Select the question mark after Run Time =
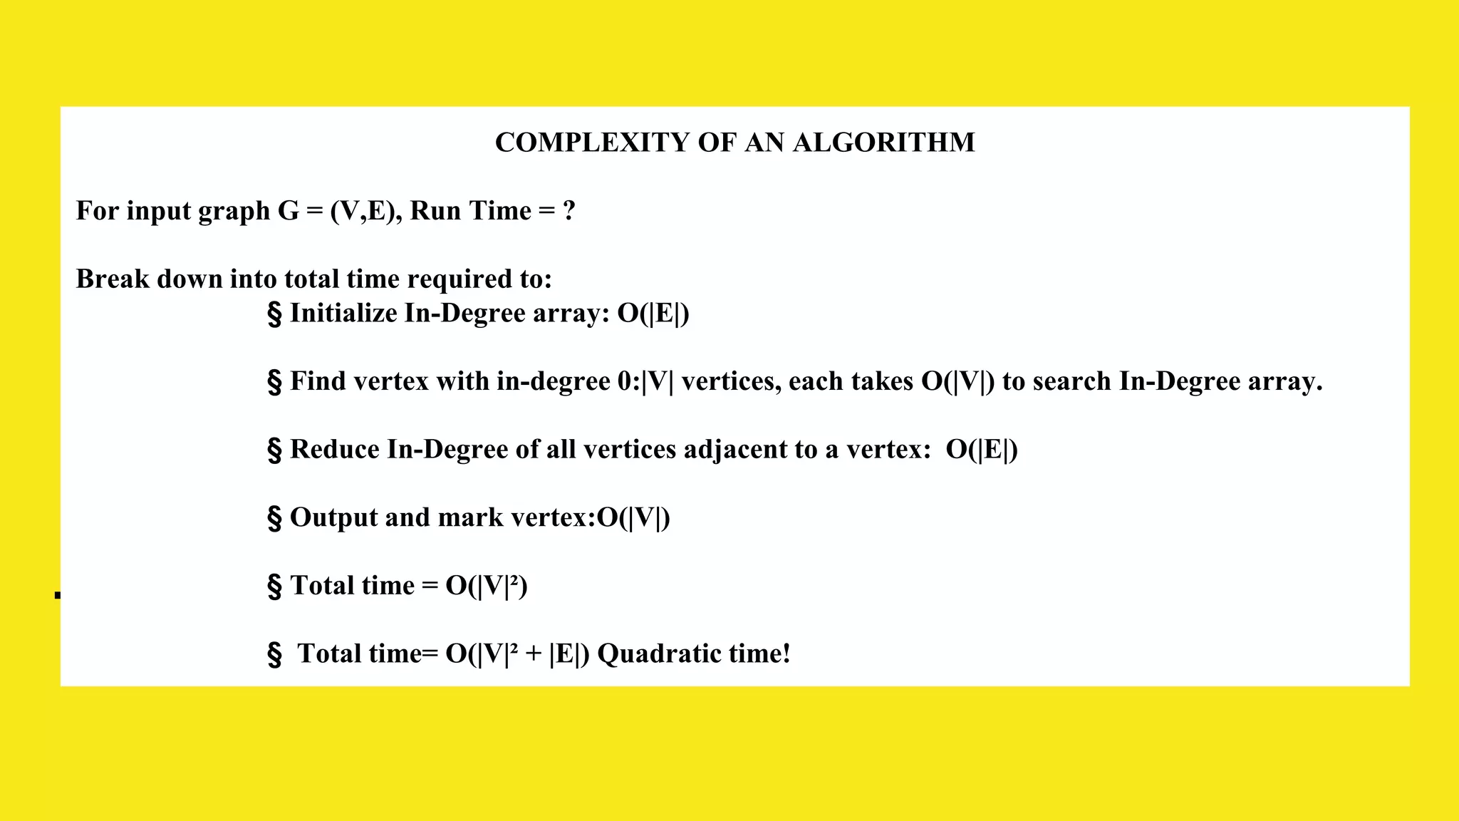(568, 211)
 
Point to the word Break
(113, 279)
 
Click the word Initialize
(343, 313)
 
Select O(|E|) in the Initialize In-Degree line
(653, 314)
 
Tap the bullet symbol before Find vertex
(274, 382)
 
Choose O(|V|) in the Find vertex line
(957, 382)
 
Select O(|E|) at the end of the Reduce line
(982, 450)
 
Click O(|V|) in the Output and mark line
(633, 518)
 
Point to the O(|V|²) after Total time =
(487, 586)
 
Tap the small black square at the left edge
(58, 595)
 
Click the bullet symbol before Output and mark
(274, 518)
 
